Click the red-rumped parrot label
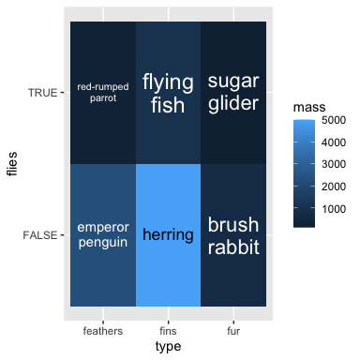click(103, 93)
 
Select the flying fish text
click(168, 93)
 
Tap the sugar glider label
click(233, 93)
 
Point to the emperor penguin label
click(103, 235)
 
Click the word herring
click(168, 234)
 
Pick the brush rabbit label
click(233, 235)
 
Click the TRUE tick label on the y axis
click(42, 93)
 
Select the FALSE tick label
click(40, 235)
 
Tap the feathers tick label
click(103, 331)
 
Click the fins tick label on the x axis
click(168, 331)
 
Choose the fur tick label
click(233, 331)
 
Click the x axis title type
click(168, 347)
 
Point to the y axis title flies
click(12, 164)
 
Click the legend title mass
click(309, 107)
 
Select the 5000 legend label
click(334, 120)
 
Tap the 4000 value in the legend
click(334, 142)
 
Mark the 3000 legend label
click(334, 164)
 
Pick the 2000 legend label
click(334, 187)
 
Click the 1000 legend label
click(334, 209)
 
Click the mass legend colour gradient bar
click(304, 173)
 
